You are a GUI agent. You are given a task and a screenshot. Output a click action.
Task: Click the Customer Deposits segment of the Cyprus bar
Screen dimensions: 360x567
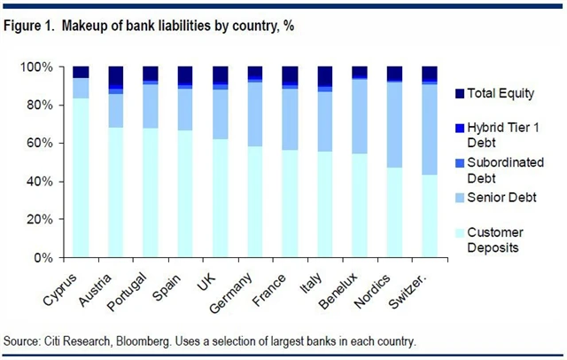click(81, 177)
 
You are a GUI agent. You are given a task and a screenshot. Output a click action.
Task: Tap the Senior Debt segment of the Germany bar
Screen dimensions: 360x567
click(255, 114)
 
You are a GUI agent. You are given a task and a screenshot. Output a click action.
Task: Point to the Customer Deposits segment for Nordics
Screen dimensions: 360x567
click(394, 212)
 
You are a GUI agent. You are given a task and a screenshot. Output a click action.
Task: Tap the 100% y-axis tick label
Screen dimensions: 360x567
click(44, 67)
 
